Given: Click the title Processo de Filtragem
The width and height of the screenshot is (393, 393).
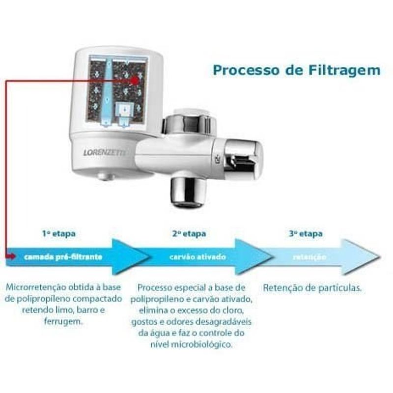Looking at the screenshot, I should pos(296,70).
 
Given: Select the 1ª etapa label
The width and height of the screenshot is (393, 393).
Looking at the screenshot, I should pos(59,233).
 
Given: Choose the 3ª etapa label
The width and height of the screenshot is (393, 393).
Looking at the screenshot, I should pos(306,233).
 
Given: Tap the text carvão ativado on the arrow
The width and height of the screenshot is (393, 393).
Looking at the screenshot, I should pos(197,256).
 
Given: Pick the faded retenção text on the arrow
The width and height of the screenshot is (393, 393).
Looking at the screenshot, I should pos(309,257).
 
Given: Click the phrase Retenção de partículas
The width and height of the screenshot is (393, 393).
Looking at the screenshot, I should pos(312,287).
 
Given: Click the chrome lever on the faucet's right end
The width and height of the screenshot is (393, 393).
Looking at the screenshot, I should pos(244,156).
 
